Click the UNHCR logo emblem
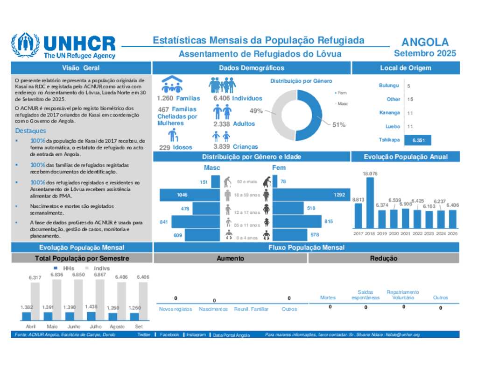coord(25,45)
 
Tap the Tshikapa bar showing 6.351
coord(418,140)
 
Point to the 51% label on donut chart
coord(338,124)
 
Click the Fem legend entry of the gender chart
coord(341,93)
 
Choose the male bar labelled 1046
coord(190,195)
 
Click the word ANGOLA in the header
coord(425,43)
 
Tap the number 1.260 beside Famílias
coord(165,98)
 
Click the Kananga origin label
coord(390,113)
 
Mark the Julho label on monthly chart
coord(92,326)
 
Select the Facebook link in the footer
coord(169,335)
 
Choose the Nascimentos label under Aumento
coord(213,309)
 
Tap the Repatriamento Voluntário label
coord(403,295)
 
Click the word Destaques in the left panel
coord(30,131)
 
